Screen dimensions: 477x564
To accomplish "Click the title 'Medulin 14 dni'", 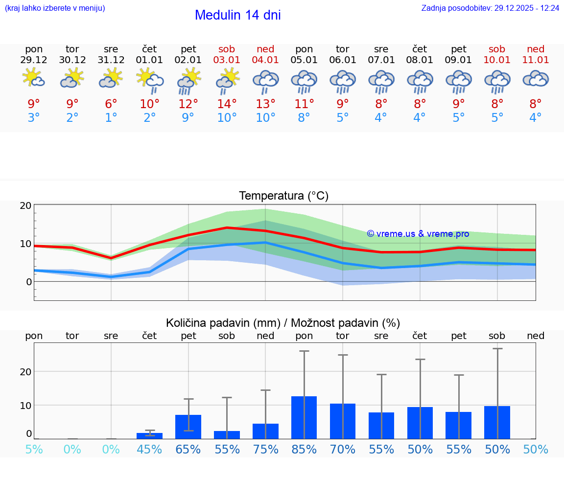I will [x=237, y=15].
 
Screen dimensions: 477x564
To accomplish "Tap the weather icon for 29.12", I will [x=33, y=78].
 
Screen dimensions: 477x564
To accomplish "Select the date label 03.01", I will [x=227, y=60].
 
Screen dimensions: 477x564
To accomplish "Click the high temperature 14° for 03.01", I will [x=227, y=104].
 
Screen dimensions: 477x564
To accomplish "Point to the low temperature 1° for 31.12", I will [x=111, y=117].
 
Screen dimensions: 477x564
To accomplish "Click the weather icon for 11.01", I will [x=536, y=78].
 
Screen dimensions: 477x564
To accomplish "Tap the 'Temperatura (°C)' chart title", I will [x=283, y=196].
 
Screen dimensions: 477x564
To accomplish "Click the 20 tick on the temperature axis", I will [x=26, y=205].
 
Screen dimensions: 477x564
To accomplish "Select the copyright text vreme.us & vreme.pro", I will [x=418, y=234].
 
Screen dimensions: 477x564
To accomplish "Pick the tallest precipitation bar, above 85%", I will [x=304, y=417].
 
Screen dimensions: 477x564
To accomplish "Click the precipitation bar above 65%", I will [x=188, y=427].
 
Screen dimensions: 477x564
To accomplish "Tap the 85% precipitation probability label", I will [x=304, y=449].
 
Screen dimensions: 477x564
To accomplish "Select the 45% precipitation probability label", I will [x=150, y=449].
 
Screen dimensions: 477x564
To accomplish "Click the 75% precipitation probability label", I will [x=265, y=449].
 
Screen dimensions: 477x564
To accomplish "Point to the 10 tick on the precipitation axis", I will [x=26, y=405].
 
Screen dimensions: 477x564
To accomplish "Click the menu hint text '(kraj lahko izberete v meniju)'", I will [x=55, y=8].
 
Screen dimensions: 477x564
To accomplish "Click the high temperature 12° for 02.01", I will [x=188, y=104].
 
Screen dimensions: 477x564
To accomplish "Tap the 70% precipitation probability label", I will [x=343, y=449].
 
